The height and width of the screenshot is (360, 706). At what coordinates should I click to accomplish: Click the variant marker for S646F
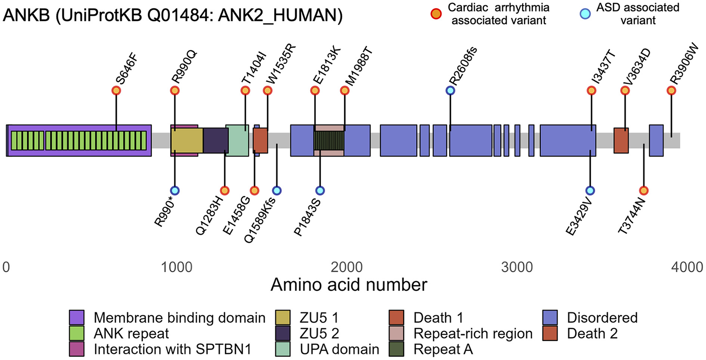click(x=116, y=90)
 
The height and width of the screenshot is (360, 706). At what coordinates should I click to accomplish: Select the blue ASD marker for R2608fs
click(x=450, y=90)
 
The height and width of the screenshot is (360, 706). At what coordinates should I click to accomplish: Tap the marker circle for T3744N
click(x=643, y=191)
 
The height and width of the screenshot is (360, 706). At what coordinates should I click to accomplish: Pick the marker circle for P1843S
click(x=320, y=191)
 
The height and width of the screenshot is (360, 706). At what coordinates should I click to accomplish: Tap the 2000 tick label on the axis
click(x=347, y=267)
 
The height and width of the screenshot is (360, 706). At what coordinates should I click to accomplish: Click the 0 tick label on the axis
click(x=6, y=267)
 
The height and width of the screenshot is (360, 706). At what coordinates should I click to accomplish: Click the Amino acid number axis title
click(x=349, y=285)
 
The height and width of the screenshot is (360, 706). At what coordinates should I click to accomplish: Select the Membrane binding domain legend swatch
click(x=76, y=318)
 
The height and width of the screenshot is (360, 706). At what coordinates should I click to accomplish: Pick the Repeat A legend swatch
click(x=396, y=349)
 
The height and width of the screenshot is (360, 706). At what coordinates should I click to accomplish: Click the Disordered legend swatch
click(x=550, y=318)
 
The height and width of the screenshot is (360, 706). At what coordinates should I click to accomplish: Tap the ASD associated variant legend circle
click(x=585, y=14)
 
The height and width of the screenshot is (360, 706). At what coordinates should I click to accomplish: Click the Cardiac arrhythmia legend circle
click(x=436, y=14)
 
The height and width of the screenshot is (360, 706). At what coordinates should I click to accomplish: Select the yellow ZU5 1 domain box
click(x=187, y=140)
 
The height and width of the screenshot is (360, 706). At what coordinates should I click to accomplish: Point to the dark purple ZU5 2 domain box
click(x=215, y=140)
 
